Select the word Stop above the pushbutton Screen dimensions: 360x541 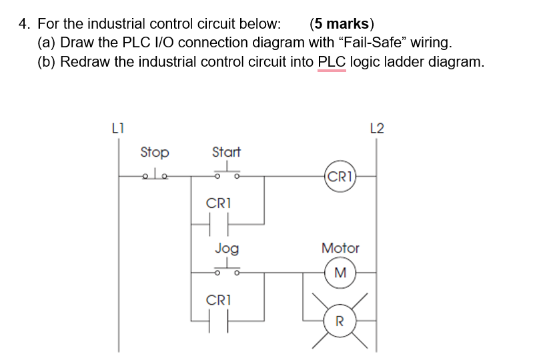pyautogui.click(x=155, y=153)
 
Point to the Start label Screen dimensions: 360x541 pyautogui.click(x=226, y=153)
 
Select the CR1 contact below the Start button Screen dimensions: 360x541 pyautogui.click(x=218, y=225)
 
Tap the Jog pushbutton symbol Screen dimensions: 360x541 pyautogui.click(x=226, y=270)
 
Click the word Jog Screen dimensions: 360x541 pyautogui.click(x=227, y=249)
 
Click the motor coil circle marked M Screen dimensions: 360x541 pyautogui.click(x=340, y=273)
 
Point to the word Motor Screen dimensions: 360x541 pyautogui.click(x=340, y=248)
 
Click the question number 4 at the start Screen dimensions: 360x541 pyautogui.click(x=24, y=25)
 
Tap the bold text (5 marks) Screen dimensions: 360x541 pyautogui.click(x=342, y=25)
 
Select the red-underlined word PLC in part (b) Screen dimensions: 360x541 pyautogui.click(x=332, y=62)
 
